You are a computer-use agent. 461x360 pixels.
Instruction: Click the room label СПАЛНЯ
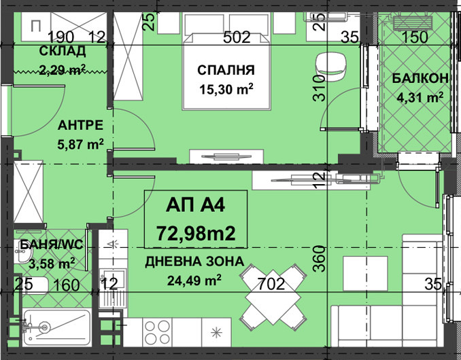click(x=226, y=70)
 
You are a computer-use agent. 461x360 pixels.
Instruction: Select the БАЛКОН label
click(x=420, y=79)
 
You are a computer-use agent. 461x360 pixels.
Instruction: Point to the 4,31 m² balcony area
click(x=420, y=96)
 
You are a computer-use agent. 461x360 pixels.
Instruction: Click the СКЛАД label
click(x=62, y=52)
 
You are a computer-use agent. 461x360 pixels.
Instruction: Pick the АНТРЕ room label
click(x=80, y=126)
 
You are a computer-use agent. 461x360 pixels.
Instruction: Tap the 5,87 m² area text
click(x=80, y=143)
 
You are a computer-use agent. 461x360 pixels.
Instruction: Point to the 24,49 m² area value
click(x=194, y=279)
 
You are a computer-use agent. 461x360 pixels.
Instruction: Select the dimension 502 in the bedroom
click(x=237, y=37)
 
